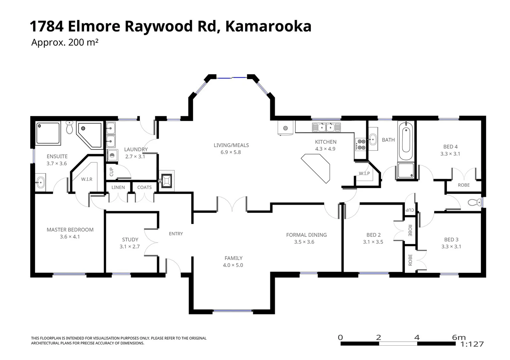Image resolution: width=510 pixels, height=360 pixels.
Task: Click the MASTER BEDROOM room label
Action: (70, 230)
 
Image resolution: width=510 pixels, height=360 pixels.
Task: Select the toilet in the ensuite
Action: (69, 127)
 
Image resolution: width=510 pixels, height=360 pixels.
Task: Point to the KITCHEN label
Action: (326, 142)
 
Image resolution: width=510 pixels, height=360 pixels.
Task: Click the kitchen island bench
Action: (316, 168)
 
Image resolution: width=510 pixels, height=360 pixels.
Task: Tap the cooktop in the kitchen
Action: (361, 145)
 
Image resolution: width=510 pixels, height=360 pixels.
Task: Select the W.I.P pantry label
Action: (364, 173)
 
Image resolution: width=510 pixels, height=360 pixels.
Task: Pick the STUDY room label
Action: (130, 240)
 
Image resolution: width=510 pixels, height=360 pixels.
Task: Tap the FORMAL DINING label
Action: (306, 235)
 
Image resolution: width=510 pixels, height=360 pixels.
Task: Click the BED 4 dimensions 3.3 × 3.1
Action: (450, 154)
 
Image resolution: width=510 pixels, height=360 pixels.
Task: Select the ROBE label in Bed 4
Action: (464, 185)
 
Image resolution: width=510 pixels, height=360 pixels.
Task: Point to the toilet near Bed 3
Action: (474, 202)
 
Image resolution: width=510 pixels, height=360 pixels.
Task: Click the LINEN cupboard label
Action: (118, 187)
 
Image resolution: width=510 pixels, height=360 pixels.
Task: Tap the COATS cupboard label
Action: (144, 187)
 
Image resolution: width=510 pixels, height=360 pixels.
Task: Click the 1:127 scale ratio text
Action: (472, 344)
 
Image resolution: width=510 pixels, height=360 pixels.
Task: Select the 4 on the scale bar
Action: (417, 337)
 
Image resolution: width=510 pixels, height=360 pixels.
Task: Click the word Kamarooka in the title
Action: (268, 26)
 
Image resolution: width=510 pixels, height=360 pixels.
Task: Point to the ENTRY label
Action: (176, 234)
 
